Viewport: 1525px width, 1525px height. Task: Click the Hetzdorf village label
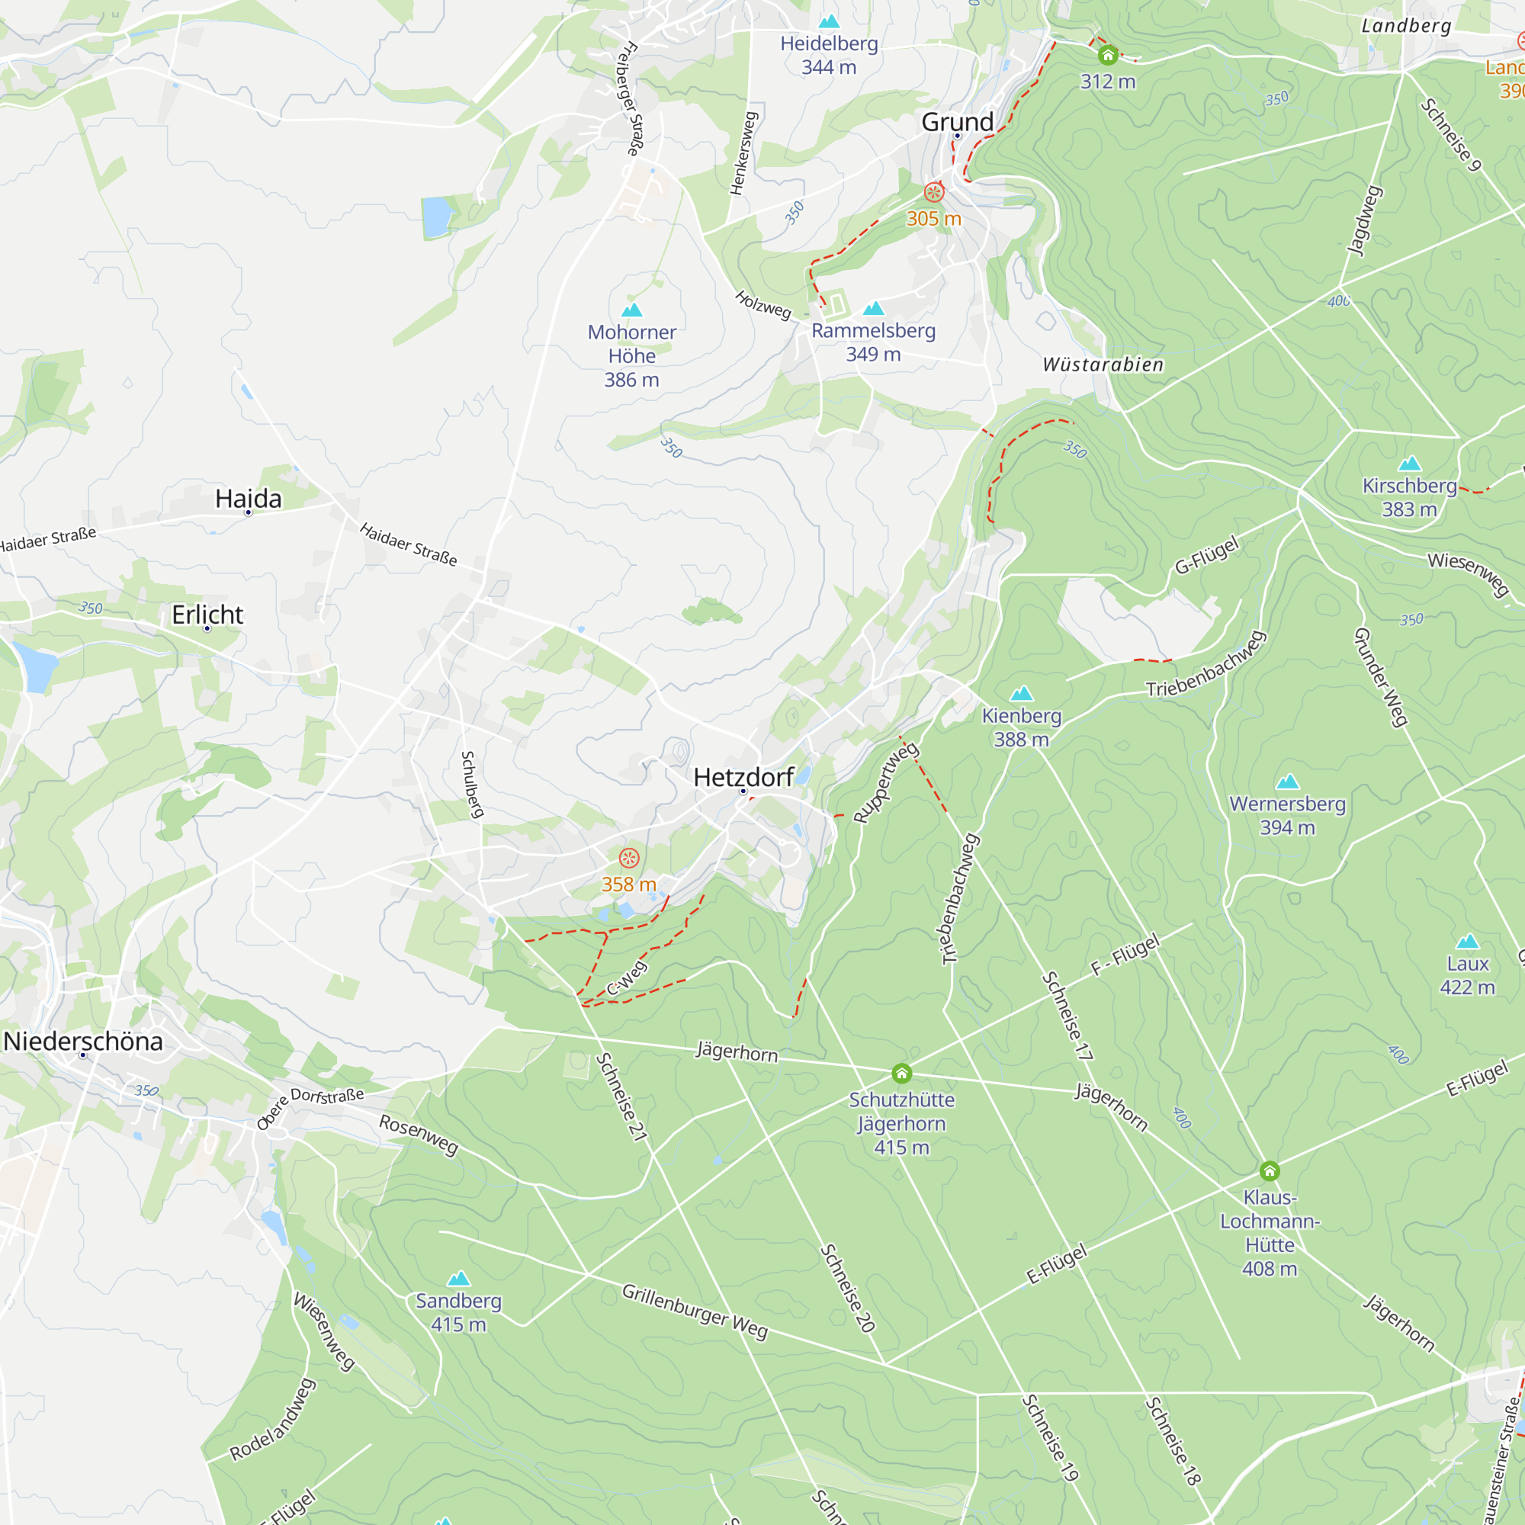743,777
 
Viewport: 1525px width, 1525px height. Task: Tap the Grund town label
957,121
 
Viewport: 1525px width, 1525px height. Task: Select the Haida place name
248,498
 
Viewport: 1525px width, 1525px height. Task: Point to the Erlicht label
207,614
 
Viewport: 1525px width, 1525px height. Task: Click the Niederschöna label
83,1041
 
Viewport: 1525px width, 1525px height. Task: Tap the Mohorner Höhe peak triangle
631,310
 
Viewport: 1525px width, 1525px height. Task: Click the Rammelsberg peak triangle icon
873,309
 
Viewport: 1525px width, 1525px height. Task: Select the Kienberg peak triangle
1022,694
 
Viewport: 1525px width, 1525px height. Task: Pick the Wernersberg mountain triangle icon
1287,782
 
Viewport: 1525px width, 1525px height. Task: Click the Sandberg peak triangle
458,1279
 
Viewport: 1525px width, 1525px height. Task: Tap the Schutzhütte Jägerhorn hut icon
901,1074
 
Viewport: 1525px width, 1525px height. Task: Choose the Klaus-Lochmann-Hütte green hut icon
1270,1171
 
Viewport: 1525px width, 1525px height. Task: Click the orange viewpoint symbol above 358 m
629,858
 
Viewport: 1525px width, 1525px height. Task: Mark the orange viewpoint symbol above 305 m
934,193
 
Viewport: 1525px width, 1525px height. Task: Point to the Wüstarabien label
1103,364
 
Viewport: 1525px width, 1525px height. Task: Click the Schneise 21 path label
621,1096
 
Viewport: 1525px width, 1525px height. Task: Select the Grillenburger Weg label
695,1311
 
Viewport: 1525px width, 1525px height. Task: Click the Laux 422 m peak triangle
1467,941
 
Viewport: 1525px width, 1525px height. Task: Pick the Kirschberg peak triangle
1409,464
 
